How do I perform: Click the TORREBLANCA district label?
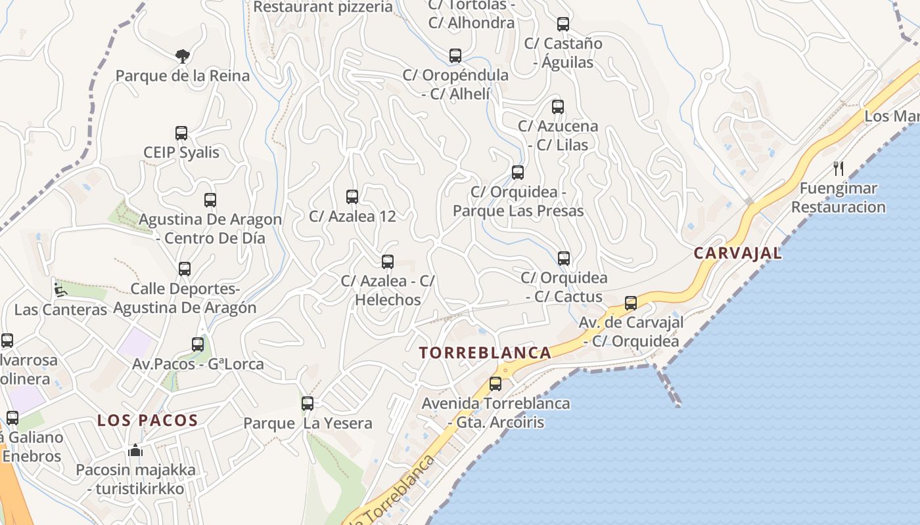tap(485, 352)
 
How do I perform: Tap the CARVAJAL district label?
tap(738, 253)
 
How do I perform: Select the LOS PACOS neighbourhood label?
tap(148, 420)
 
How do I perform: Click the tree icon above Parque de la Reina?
tap(183, 56)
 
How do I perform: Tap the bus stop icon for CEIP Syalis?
tap(181, 133)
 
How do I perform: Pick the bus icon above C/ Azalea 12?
tap(352, 196)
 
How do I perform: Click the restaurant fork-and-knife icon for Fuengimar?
tap(839, 169)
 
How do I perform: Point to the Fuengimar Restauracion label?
tap(838, 198)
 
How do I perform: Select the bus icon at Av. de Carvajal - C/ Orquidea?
tap(631, 303)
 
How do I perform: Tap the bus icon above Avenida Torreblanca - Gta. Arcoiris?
tap(495, 384)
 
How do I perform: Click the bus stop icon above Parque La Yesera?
tap(308, 404)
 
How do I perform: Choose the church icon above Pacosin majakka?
tap(135, 450)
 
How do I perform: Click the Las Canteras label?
tap(60, 309)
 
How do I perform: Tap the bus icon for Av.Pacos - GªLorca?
tap(198, 345)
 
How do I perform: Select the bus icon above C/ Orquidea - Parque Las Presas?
tap(518, 173)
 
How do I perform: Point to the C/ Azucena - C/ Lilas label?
tap(558, 135)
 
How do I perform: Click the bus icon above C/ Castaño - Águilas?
tap(563, 24)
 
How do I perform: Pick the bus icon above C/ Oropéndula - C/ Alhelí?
tap(455, 56)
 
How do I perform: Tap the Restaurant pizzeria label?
tap(323, 7)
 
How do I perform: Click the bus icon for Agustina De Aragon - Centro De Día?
tap(210, 200)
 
